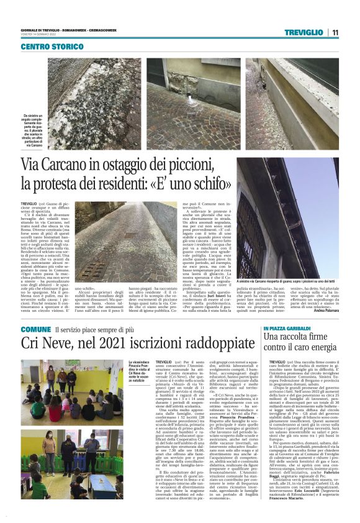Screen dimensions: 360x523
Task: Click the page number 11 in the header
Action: point(335,33)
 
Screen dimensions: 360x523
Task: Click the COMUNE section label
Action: point(35,329)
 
